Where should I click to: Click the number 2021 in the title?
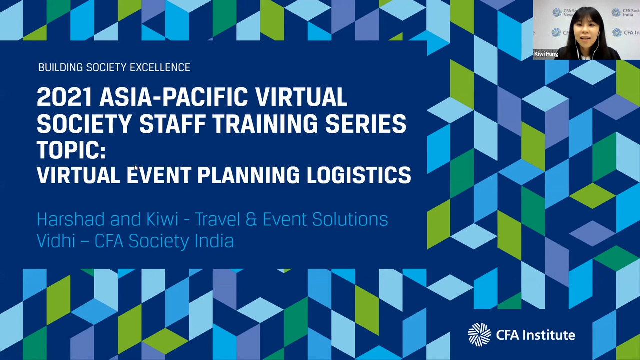(x=65, y=97)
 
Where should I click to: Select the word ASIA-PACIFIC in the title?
(x=173, y=97)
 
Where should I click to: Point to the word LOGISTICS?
(x=359, y=175)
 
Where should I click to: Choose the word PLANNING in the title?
(x=249, y=175)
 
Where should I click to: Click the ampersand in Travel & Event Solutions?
(x=251, y=219)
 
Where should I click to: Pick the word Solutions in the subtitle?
(x=350, y=219)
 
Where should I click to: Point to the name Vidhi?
(x=56, y=241)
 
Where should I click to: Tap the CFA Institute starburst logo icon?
(x=479, y=335)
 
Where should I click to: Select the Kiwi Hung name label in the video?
(x=546, y=54)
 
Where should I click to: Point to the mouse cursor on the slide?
(x=136, y=167)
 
